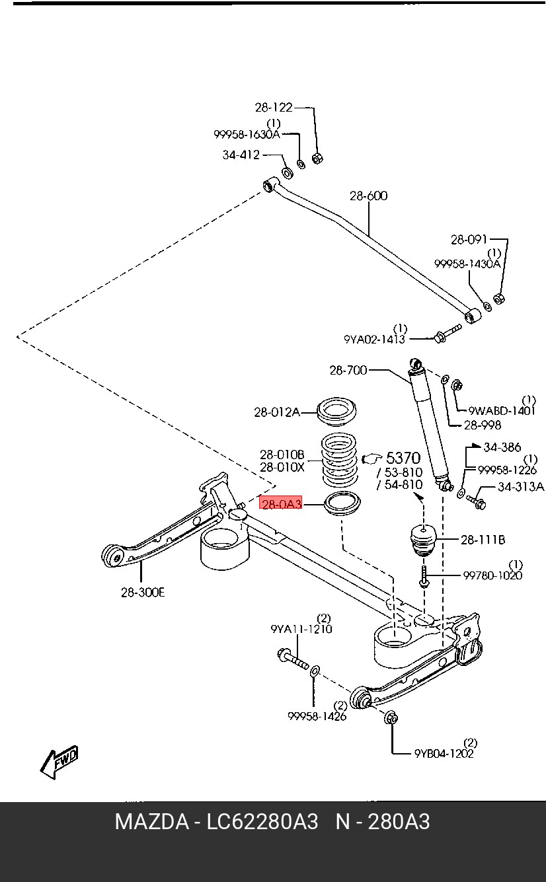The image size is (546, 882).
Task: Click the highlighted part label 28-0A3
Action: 282,504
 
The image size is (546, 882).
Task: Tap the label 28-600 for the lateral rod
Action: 368,196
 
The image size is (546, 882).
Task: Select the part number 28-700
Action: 348,371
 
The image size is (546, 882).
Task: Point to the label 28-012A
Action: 276,412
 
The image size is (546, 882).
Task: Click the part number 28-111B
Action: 483,540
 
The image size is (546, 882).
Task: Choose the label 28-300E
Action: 143,592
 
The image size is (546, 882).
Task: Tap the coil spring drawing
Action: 339,459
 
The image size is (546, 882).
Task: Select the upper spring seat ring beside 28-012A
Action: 338,413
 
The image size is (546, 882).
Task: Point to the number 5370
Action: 403,458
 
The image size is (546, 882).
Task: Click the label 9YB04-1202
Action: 444,753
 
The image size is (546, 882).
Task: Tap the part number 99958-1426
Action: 317,716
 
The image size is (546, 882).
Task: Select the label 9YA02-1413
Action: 374,339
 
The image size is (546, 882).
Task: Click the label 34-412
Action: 241,155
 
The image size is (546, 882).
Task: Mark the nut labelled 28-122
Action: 317,158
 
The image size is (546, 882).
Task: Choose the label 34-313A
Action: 520,487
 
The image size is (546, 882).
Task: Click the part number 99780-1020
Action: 492,575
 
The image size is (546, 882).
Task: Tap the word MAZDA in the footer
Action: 151,822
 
